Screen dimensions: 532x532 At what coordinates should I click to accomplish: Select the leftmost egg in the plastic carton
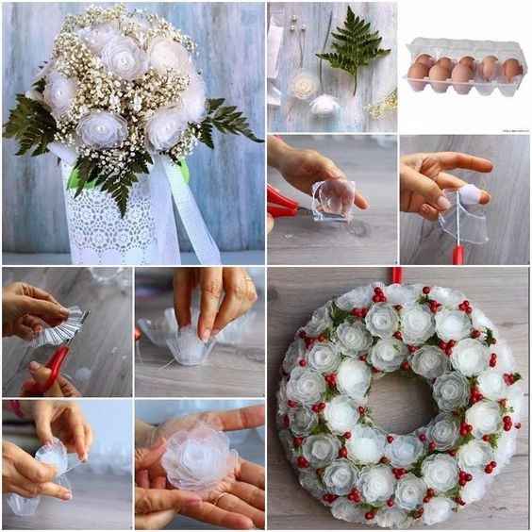point(418,73)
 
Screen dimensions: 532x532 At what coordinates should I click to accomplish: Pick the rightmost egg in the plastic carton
point(511,70)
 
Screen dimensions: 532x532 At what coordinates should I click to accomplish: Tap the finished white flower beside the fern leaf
point(324,105)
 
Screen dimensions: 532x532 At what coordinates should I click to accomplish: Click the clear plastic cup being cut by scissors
point(333,199)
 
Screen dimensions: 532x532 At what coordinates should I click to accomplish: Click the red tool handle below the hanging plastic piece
point(457,254)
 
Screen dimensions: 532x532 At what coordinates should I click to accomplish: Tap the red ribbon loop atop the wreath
point(397,274)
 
